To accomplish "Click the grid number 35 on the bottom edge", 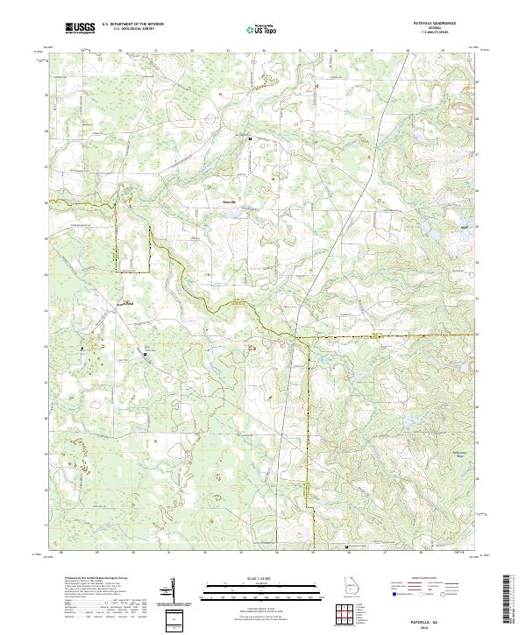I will click(312, 553).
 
